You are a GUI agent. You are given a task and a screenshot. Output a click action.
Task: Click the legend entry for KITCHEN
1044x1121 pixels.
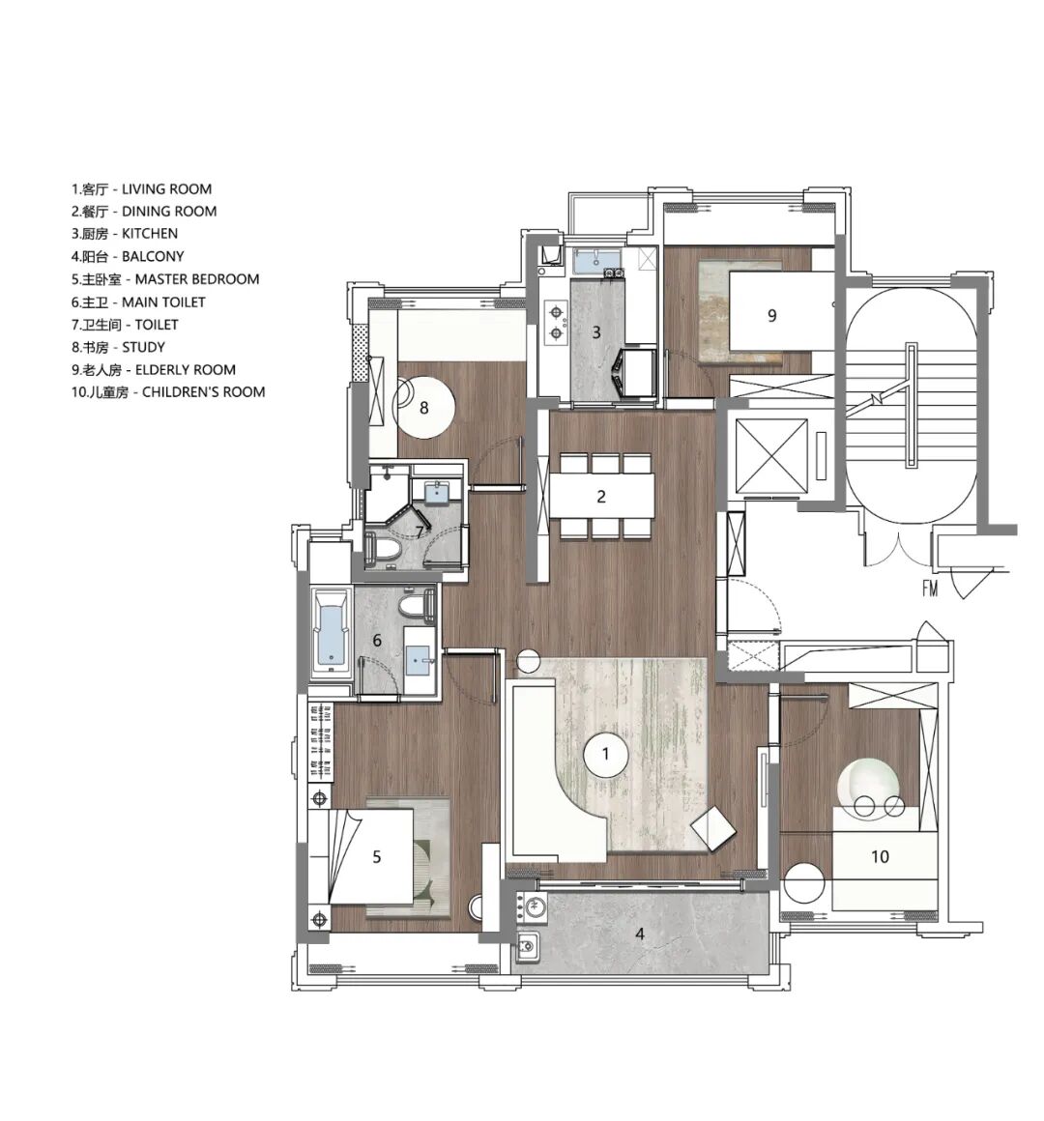coord(125,234)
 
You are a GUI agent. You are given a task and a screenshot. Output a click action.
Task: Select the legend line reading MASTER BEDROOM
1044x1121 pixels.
coord(165,279)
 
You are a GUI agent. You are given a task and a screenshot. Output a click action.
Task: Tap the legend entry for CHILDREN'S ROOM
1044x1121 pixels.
coord(168,392)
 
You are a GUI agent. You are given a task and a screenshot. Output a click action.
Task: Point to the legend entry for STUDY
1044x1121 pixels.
coord(118,348)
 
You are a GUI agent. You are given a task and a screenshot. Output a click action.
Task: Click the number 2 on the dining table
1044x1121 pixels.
coord(601,496)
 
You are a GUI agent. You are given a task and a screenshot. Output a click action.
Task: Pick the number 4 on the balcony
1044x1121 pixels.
coord(640,934)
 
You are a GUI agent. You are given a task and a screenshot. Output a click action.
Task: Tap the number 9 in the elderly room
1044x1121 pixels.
coord(771,315)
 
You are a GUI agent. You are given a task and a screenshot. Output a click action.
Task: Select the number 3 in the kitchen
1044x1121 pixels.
coord(596,332)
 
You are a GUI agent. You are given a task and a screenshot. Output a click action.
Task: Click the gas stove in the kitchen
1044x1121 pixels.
coord(556,322)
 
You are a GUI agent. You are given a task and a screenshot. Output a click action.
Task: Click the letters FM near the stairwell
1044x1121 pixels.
coord(930,589)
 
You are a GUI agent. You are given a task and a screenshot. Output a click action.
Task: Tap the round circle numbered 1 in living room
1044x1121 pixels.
coord(606,754)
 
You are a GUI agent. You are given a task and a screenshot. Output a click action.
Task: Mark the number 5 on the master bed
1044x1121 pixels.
coord(377,856)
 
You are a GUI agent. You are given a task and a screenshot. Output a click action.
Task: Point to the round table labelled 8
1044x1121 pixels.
coord(425,407)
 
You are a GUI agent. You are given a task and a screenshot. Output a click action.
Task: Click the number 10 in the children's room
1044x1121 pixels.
coord(880,856)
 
